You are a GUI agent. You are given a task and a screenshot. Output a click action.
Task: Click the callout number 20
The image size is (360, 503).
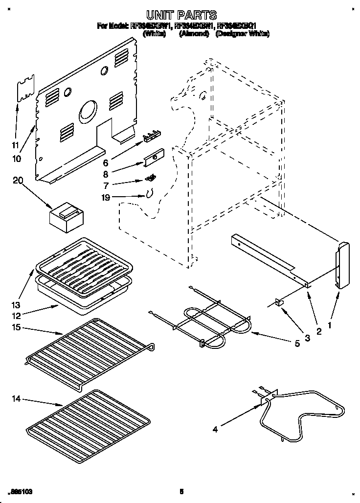click(18, 181)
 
